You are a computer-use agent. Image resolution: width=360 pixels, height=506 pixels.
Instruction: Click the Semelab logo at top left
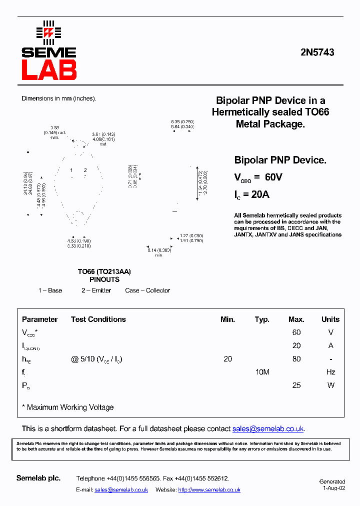pos(48,50)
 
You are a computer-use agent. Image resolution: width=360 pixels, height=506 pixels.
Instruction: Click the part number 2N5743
pos(318,52)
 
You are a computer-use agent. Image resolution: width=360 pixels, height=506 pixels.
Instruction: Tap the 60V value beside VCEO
pos(273,177)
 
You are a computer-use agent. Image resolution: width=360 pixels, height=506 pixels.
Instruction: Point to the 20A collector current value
pos(258,194)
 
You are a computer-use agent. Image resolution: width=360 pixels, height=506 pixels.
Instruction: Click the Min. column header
pos(227,319)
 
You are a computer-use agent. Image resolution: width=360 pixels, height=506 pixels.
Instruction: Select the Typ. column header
pos(262,319)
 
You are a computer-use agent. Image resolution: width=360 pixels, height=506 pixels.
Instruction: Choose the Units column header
pos(330,319)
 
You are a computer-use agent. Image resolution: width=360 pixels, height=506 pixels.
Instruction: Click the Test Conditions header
pos(98,319)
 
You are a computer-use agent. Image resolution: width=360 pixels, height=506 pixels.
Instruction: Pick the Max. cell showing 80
pos(296,359)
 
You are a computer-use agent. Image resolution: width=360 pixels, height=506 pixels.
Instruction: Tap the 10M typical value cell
pos(262,372)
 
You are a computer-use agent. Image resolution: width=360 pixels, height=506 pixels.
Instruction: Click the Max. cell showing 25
pos(296,385)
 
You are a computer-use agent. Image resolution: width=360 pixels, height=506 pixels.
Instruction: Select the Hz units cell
pos(330,372)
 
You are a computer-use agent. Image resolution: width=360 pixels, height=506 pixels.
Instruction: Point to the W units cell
pos(330,385)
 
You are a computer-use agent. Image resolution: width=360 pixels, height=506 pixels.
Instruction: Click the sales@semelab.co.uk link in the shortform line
pos(268,429)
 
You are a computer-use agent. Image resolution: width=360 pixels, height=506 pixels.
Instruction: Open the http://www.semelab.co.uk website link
pos(209,490)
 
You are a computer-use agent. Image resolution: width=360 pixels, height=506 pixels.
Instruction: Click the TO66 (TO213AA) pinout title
pos(104,272)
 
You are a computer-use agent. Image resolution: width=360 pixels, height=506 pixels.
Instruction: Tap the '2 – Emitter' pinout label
pos(96,290)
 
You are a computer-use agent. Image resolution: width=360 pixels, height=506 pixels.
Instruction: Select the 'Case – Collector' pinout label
pos(147,290)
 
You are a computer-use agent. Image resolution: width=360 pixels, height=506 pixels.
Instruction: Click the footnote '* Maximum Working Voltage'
pos(68,407)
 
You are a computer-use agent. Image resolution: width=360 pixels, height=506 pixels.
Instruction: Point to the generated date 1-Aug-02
pos(334,488)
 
